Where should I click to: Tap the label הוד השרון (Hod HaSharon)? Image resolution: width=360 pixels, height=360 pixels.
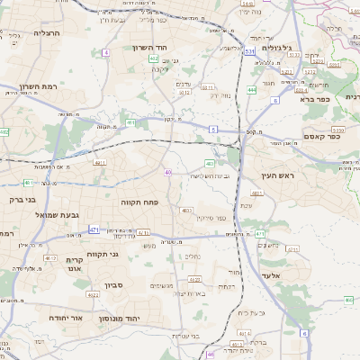tap(151, 48)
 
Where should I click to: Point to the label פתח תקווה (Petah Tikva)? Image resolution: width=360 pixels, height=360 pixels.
tap(139, 203)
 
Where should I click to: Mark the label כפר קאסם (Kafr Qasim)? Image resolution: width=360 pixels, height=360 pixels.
tap(321, 138)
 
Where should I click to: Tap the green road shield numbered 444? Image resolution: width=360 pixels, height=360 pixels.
tap(252, 90)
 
